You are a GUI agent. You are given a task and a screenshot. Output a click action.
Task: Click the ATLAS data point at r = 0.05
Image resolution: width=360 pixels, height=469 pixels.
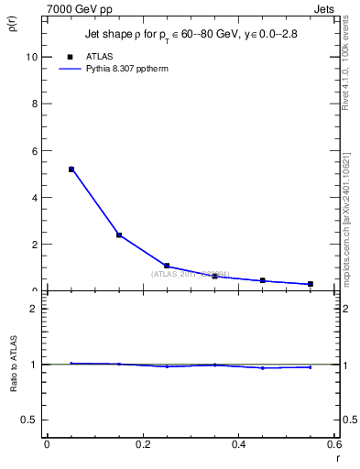[71, 169]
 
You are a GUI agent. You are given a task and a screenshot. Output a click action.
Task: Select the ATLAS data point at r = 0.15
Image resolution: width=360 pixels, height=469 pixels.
[119, 235]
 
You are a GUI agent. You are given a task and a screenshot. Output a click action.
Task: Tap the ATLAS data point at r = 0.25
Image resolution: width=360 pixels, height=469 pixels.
[167, 266]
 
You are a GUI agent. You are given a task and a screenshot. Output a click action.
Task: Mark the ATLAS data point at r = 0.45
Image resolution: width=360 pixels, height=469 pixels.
[263, 280]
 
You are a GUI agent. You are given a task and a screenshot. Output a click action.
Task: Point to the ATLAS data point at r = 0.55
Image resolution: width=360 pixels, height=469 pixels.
[311, 284]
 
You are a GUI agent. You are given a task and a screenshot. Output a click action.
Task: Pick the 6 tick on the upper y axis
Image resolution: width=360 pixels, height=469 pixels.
[34, 151]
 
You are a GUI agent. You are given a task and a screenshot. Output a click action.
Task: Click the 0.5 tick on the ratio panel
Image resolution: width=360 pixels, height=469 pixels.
[29, 420]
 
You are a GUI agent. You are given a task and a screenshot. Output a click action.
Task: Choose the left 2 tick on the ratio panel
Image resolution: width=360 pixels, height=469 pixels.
[34, 309]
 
